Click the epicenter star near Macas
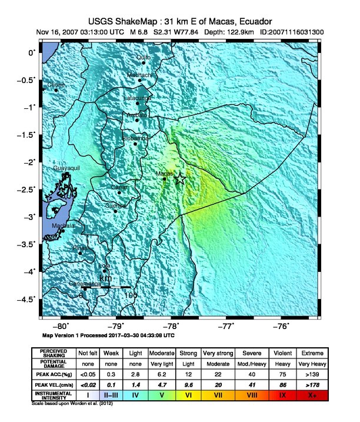[180, 179]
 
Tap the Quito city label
[143, 57]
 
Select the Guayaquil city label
[66, 168]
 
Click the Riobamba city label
[135, 138]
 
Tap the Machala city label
[63, 225]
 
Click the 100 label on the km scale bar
[131, 294]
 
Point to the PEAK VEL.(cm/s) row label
[54, 384]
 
